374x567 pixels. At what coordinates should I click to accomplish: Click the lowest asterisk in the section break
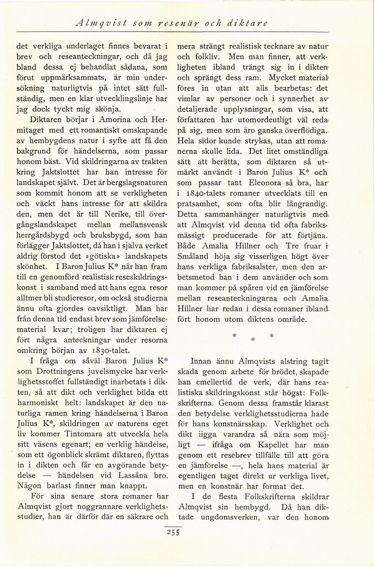(x=252, y=339)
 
